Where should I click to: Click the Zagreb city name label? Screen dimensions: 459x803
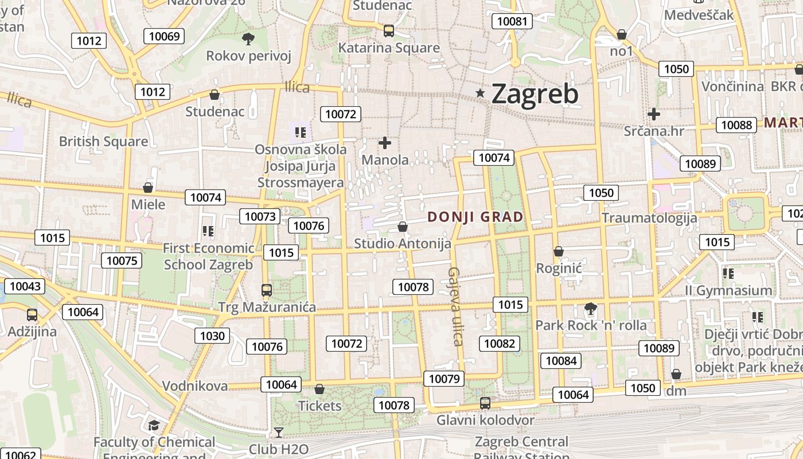[535, 94]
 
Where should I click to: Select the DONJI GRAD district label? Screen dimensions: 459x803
[475, 217]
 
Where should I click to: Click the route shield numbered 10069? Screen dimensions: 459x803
[164, 37]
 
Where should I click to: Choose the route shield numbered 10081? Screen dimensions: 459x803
[512, 22]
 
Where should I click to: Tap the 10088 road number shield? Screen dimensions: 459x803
[736, 125]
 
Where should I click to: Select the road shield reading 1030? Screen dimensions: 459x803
[212, 336]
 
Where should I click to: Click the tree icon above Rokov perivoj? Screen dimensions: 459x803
[248, 39]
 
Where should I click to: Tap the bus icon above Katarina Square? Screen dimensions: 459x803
[389, 31]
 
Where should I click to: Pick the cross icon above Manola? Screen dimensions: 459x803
[385, 143]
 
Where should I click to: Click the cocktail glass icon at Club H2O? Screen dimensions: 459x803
[279, 432]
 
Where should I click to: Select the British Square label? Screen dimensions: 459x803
[103, 141]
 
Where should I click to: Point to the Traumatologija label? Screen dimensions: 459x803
[649, 218]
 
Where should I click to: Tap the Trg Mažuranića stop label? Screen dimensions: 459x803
[267, 307]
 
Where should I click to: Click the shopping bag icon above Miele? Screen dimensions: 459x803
[148, 188]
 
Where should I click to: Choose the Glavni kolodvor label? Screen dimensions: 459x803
[485, 420]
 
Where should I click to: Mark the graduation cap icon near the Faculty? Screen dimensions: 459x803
[154, 425]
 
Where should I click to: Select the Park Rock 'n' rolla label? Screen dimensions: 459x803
[591, 325]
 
